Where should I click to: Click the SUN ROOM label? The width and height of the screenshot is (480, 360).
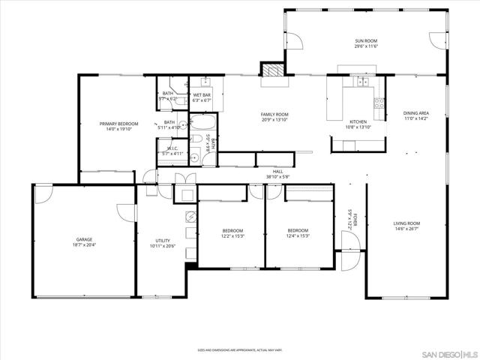(365, 40)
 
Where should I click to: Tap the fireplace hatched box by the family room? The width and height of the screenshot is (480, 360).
(271, 70)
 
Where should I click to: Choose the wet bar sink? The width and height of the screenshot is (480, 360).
(206, 83)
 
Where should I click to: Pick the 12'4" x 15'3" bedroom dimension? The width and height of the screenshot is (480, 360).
(299, 236)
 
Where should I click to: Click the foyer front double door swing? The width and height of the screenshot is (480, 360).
(347, 251)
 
